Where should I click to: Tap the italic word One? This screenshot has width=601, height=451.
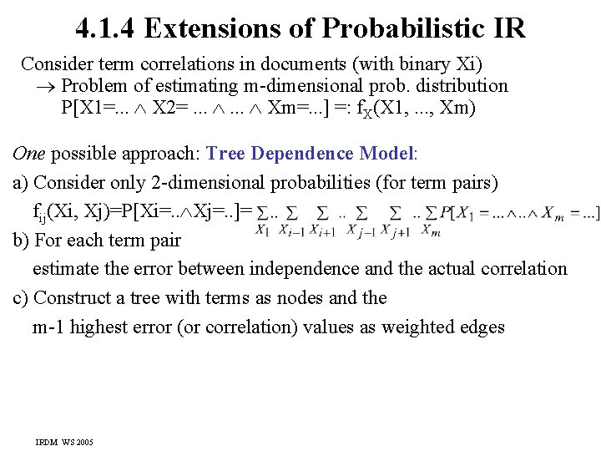tap(29, 154)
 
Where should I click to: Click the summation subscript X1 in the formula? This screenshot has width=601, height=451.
tap(261, 230)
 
